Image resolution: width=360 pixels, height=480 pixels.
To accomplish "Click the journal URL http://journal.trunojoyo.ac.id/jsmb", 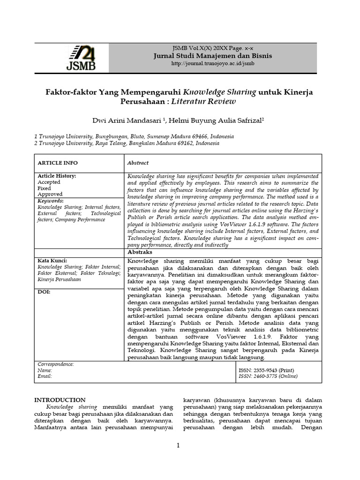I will [x=212, y=64].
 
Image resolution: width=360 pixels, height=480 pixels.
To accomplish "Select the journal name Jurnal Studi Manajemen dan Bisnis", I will [x=213, y=56].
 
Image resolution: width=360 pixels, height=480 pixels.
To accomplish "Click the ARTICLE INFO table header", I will [x=58, y=163].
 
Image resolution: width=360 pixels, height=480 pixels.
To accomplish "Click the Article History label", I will [x=57, y=176].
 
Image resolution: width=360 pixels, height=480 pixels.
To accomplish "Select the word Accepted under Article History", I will [x=49, y=182].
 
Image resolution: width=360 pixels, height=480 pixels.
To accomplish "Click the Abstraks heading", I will [x=140, y=253].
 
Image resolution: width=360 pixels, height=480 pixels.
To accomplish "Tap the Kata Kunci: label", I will [x=52, y=261].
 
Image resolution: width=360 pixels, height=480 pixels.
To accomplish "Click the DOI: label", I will [x=44, y=292].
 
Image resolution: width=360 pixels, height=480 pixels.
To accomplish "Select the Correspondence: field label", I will [x=56, y=364].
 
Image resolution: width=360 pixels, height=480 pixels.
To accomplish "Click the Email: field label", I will [x=45, y=376].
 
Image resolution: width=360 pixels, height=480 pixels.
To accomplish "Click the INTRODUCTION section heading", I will [x=60, y=400].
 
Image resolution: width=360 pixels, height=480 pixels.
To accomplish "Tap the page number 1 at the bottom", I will [x=179, y=445].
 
